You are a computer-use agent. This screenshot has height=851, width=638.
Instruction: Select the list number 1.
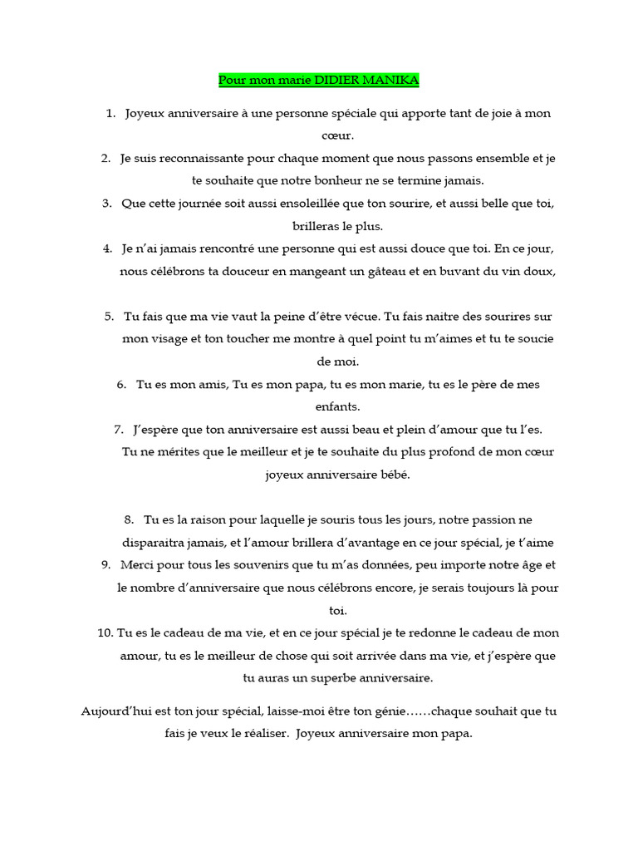[110, 113]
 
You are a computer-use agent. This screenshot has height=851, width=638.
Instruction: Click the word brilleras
[318, 225]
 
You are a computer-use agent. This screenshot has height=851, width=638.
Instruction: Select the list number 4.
[107, 248]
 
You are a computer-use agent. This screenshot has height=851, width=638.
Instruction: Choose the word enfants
[337, 406]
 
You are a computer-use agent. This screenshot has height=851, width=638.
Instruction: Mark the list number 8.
[129, 519]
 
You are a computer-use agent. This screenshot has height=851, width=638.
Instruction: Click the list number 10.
[105, 632]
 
